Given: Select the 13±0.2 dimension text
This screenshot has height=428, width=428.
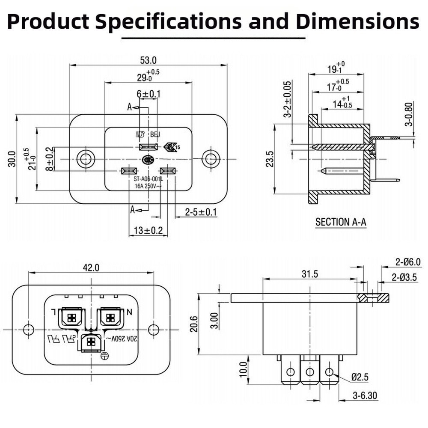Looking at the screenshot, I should tap(148, 231).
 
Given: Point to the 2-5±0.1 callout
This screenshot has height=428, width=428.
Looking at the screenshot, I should tap(201, 212).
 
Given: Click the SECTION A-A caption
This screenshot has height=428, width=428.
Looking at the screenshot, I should tap(341, 222).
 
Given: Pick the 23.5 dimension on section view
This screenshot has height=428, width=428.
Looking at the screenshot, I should tap(269, 158).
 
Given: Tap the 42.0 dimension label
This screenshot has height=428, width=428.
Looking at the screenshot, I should tap(91, 268).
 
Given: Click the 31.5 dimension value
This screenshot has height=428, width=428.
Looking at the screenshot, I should tap(309, 274).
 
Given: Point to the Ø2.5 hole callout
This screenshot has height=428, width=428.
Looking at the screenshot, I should tap(360, 377).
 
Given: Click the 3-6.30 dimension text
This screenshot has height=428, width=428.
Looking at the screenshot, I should tap(365, 396).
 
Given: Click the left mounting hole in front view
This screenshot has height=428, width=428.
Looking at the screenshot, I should tap(84, 159).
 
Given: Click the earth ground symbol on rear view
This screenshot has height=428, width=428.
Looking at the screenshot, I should tap(103, 355).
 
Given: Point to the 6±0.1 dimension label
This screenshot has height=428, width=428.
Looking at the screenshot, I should tap(149, 94).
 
